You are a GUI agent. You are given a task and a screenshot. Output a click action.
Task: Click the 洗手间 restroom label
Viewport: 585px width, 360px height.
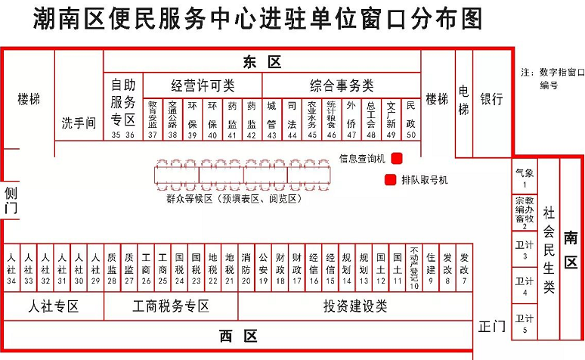[x=79, y=123]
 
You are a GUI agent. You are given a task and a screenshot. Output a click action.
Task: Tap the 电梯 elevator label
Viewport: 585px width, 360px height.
[x=463, y=99]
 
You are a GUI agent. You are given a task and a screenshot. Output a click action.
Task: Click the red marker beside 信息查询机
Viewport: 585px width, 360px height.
[x=396, y=158]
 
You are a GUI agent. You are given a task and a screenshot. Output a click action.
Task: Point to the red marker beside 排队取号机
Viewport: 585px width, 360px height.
[x=390, y=180]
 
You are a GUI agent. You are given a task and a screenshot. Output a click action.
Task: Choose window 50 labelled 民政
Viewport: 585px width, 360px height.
[x=410, y=118]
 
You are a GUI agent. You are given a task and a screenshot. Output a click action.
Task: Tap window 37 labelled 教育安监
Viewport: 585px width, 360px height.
[x=153, y=118]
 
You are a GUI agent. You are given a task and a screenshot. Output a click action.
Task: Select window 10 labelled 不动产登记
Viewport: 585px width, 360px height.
[x=413, y=268]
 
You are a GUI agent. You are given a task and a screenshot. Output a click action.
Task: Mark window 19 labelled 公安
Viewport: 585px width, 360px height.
[x=263, y=268]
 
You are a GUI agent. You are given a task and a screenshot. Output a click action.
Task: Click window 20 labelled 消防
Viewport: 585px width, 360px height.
[x=246, y=268]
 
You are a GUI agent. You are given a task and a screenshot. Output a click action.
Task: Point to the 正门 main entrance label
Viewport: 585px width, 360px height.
[x=492, y=327]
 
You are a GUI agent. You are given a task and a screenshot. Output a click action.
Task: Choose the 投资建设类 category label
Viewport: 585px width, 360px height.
[x=355, y=306]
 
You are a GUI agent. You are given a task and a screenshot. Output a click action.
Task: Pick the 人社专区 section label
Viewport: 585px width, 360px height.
[x=54, y=306]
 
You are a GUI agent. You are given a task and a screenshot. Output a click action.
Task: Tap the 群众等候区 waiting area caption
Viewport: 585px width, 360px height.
[x=234, y=199]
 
